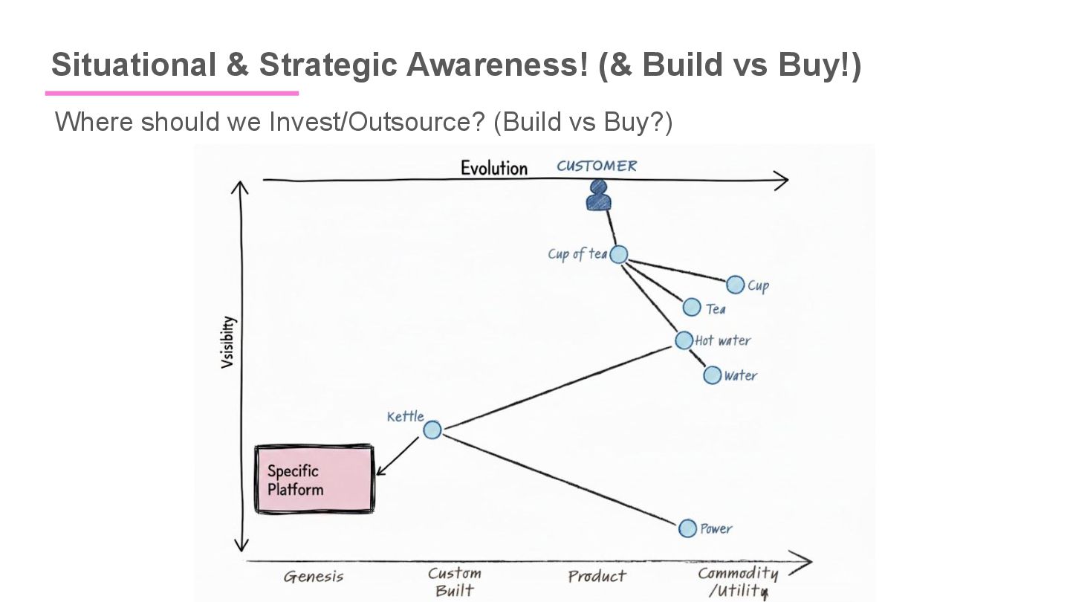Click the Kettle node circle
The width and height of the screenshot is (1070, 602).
coord(432,430)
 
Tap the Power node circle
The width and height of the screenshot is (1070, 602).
coord(688,528)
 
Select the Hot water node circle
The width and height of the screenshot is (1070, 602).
coord(684,340)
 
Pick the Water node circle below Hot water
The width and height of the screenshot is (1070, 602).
coord(713,375)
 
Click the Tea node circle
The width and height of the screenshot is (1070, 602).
coord(692,307)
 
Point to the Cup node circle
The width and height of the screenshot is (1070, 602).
coord(736,285)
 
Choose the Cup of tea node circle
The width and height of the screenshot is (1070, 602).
coord(619,255)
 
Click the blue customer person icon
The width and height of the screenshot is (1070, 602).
coord(598,195)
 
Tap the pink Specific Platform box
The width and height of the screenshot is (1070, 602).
coord(314,479)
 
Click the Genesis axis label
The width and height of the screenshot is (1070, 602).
coord(314,577)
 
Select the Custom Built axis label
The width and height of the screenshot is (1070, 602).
coord(455,582)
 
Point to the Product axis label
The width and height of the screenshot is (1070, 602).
coord(597,576)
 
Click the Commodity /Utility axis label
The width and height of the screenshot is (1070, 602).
coord(737,582)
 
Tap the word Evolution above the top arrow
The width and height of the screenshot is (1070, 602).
coord(493,168)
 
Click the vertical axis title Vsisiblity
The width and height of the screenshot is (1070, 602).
coord(228,342)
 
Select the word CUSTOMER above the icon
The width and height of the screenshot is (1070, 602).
coord(597,166)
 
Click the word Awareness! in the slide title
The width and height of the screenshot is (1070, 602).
coord(496,65)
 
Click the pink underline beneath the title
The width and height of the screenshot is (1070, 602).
coord(172,93)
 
